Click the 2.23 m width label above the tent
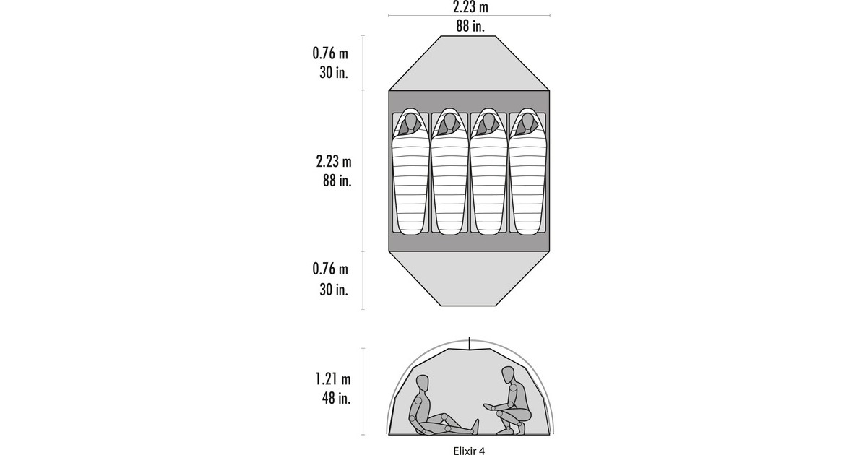(x=470, y=6)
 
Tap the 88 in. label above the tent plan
(x=470, y=26)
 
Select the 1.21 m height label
(x=333, y=378)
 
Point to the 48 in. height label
(x=336, y=398)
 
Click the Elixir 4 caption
(x=469, y=451)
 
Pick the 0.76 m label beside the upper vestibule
(x=330, y=53)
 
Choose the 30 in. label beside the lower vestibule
(x=334, y=290)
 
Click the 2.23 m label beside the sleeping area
(x=334, y=161)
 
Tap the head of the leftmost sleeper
(x=410, y=123)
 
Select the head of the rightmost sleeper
(x=527, y=123)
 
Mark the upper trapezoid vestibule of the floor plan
(x=469, y=64)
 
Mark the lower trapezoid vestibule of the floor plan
(x=469, y=279)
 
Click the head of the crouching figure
(x=508, y=375)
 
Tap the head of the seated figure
(x=423, y=383)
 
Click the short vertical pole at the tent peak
(x=470, y=343)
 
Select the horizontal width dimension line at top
(x=469, y=15)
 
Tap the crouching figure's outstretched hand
(x=489, y=406)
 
